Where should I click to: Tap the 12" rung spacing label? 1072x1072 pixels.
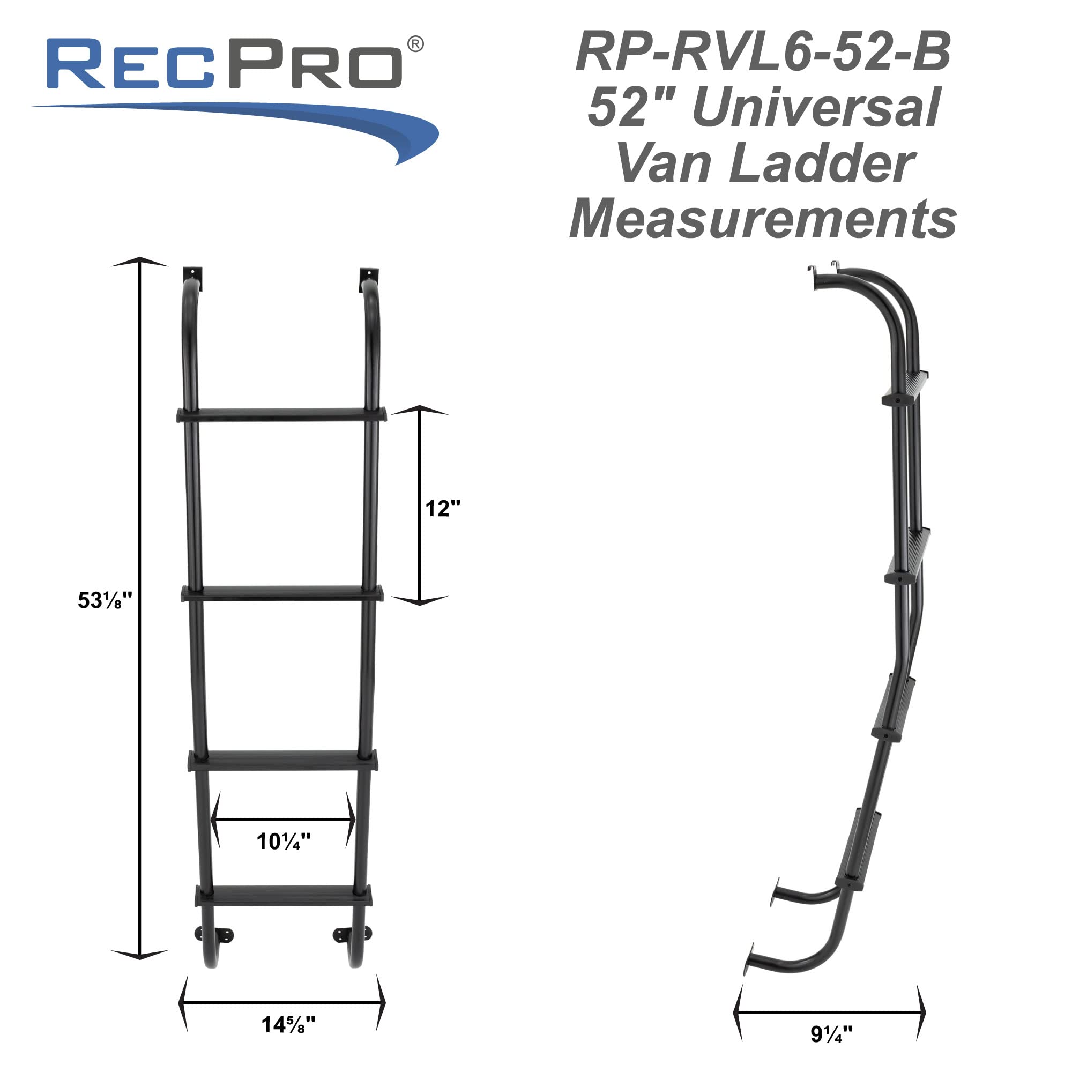[x=442, y=509]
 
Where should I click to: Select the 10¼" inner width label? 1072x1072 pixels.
[x=283, y=842]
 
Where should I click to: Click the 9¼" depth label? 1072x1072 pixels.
[x=831, y=1034]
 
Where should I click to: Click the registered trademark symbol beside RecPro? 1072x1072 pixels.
[x=415, y=44]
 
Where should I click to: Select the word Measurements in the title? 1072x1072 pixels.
[x=763, y=220]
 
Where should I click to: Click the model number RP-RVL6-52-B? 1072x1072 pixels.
[x=763, y=52]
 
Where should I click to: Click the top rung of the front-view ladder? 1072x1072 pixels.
[x=282, y=414]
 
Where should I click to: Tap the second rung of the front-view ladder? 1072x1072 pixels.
[x=282, y=593]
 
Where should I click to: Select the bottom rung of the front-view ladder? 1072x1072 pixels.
[x=284, y=896]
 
